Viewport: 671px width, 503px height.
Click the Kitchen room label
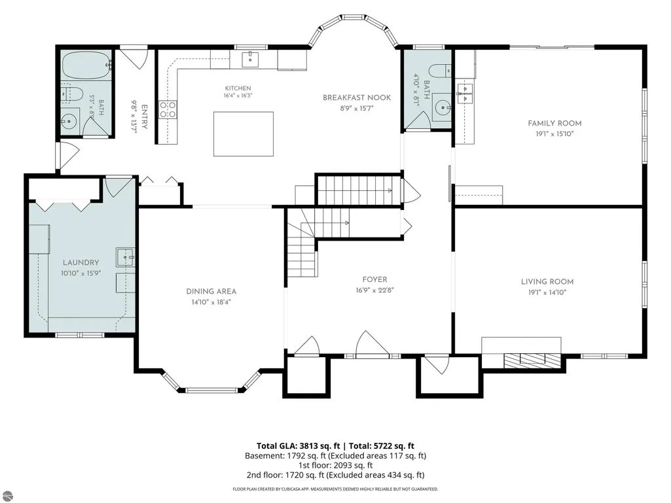tap(238, 88)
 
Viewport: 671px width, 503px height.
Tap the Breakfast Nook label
tap(357, 97)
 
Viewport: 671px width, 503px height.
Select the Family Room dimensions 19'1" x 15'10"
tap(554, 134)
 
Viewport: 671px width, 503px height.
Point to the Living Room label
tap(547, 281)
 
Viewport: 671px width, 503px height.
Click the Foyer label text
tap(375, 279)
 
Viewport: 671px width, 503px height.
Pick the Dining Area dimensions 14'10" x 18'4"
tap(211, 302)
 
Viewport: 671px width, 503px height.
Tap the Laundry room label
tap(81, 263)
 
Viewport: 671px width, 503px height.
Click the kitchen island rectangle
tap(244, 134)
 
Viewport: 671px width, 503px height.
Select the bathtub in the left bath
tap(86, 65)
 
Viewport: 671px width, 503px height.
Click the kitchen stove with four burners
tap(168, 109)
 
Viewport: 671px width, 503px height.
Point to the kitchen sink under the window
tap(250, 60)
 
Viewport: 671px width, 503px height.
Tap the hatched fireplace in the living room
tap(532, 360)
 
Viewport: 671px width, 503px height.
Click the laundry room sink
tap(126, 257)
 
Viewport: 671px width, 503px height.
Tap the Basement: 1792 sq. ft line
tap(335, 456)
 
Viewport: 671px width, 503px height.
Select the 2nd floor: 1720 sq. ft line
tap(335, 475)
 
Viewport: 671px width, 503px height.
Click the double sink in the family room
tap(464, 94)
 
